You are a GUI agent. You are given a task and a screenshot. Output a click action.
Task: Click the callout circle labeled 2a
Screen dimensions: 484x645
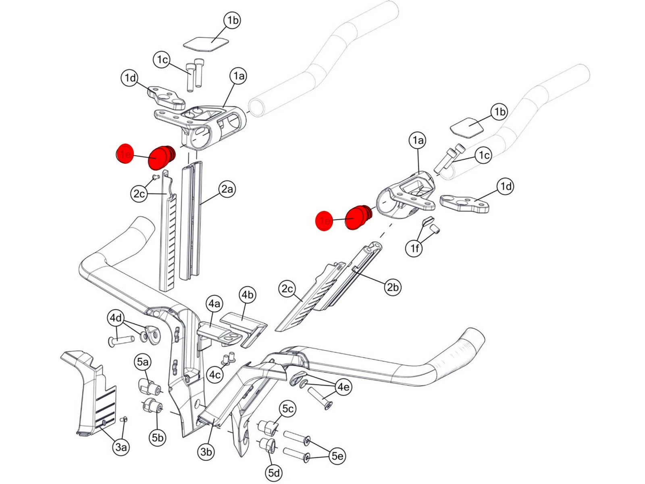tap(227, 189)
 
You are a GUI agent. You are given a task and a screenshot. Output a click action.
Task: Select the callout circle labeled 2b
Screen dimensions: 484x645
tap(392, 287)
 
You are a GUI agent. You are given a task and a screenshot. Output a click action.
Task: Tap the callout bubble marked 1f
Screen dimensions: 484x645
tap(414, 248)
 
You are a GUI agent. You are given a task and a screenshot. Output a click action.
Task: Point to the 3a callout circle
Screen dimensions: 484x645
tap(121, 447)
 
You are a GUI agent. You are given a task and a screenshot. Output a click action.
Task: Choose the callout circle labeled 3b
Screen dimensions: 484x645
tap(206, 452)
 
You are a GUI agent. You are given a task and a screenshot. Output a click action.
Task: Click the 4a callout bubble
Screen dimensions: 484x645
tap(214, 303)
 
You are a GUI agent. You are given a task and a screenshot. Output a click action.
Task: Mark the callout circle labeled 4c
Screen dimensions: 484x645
tap(215, 375)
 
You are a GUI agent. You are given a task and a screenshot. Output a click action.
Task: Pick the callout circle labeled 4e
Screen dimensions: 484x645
tap(343, 387)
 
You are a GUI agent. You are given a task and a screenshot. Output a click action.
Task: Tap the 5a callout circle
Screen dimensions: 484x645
tap(142, 362)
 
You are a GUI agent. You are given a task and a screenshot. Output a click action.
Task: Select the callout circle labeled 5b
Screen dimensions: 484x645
tap(158, 438)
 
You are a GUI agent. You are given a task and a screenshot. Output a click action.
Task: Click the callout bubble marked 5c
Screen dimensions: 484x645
tap(288, 409)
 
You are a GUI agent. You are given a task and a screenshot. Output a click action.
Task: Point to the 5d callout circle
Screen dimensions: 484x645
tap(274, 472)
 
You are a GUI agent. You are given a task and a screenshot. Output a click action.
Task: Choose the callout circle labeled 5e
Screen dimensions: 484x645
tap(337, 456)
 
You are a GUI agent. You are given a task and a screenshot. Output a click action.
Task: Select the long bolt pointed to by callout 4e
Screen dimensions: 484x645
tap(320, 397)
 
